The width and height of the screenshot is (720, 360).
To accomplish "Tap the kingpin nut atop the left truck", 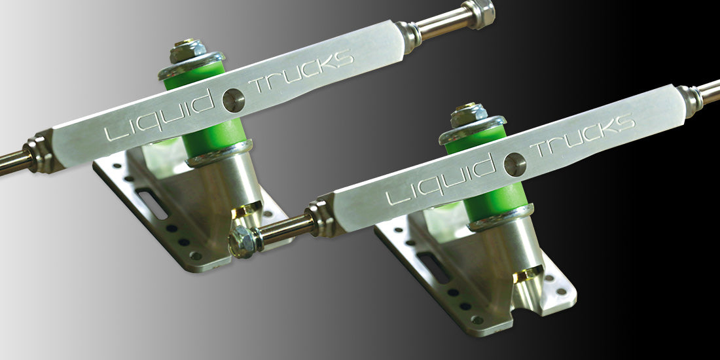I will click(182, 50).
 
